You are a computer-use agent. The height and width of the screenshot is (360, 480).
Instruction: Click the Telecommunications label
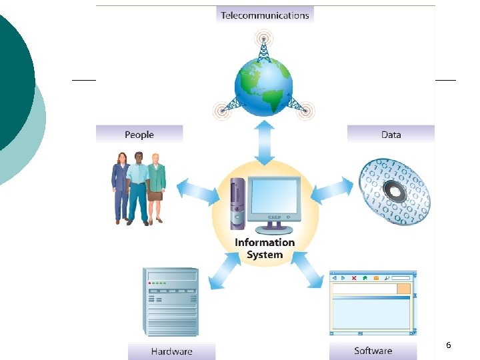(265, 15)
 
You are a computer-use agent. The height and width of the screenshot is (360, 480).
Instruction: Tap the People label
(139, 135)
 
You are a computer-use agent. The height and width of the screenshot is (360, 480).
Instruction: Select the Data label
(391, 135)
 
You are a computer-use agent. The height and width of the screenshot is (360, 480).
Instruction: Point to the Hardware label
(171, 351)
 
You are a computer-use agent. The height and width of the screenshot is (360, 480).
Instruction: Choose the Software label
(373, 351)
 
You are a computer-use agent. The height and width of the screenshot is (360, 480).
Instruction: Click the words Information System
(265, 249)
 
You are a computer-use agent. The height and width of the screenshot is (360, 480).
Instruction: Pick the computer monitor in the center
(274, 201)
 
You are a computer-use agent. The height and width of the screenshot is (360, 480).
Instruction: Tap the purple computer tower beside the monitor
(237, 203)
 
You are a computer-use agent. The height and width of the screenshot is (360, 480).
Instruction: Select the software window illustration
(373, 303)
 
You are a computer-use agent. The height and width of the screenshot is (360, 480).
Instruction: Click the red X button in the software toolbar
(354, 277)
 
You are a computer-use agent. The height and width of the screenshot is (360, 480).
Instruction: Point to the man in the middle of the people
(138, 187)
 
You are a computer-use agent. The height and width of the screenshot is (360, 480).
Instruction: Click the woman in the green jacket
(156, 187)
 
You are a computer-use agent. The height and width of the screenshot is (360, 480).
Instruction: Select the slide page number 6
(448, 345)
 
